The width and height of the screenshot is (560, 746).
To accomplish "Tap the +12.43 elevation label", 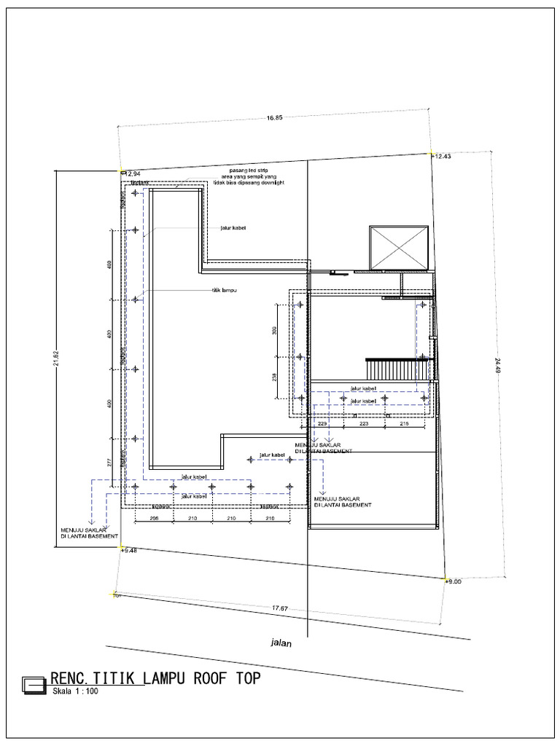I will [442, 156].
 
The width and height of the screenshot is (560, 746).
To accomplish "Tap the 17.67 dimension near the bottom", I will [280, 608].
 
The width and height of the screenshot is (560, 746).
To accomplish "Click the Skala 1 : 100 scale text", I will [74, 691].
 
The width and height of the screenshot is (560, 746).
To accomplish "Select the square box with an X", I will [399, 248].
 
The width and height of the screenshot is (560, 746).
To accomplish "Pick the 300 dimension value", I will [275, 330].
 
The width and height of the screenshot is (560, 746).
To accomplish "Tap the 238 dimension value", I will [275, 378].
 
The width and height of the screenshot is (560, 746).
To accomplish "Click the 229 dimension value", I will [322, 423].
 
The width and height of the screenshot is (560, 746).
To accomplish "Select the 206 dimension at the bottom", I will [154, 518].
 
